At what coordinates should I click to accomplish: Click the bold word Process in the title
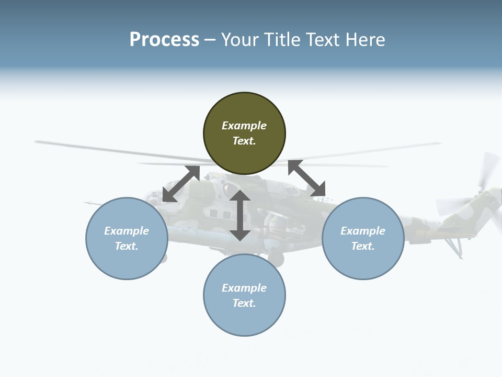164,40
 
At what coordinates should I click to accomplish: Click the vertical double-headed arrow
240,215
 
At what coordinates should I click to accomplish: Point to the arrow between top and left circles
181,184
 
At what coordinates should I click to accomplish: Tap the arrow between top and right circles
306,178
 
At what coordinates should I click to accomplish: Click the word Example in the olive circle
244,126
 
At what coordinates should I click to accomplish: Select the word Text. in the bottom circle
244,303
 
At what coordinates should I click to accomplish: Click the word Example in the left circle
127,231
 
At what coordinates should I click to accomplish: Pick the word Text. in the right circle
363,246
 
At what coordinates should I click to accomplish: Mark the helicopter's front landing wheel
276,258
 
